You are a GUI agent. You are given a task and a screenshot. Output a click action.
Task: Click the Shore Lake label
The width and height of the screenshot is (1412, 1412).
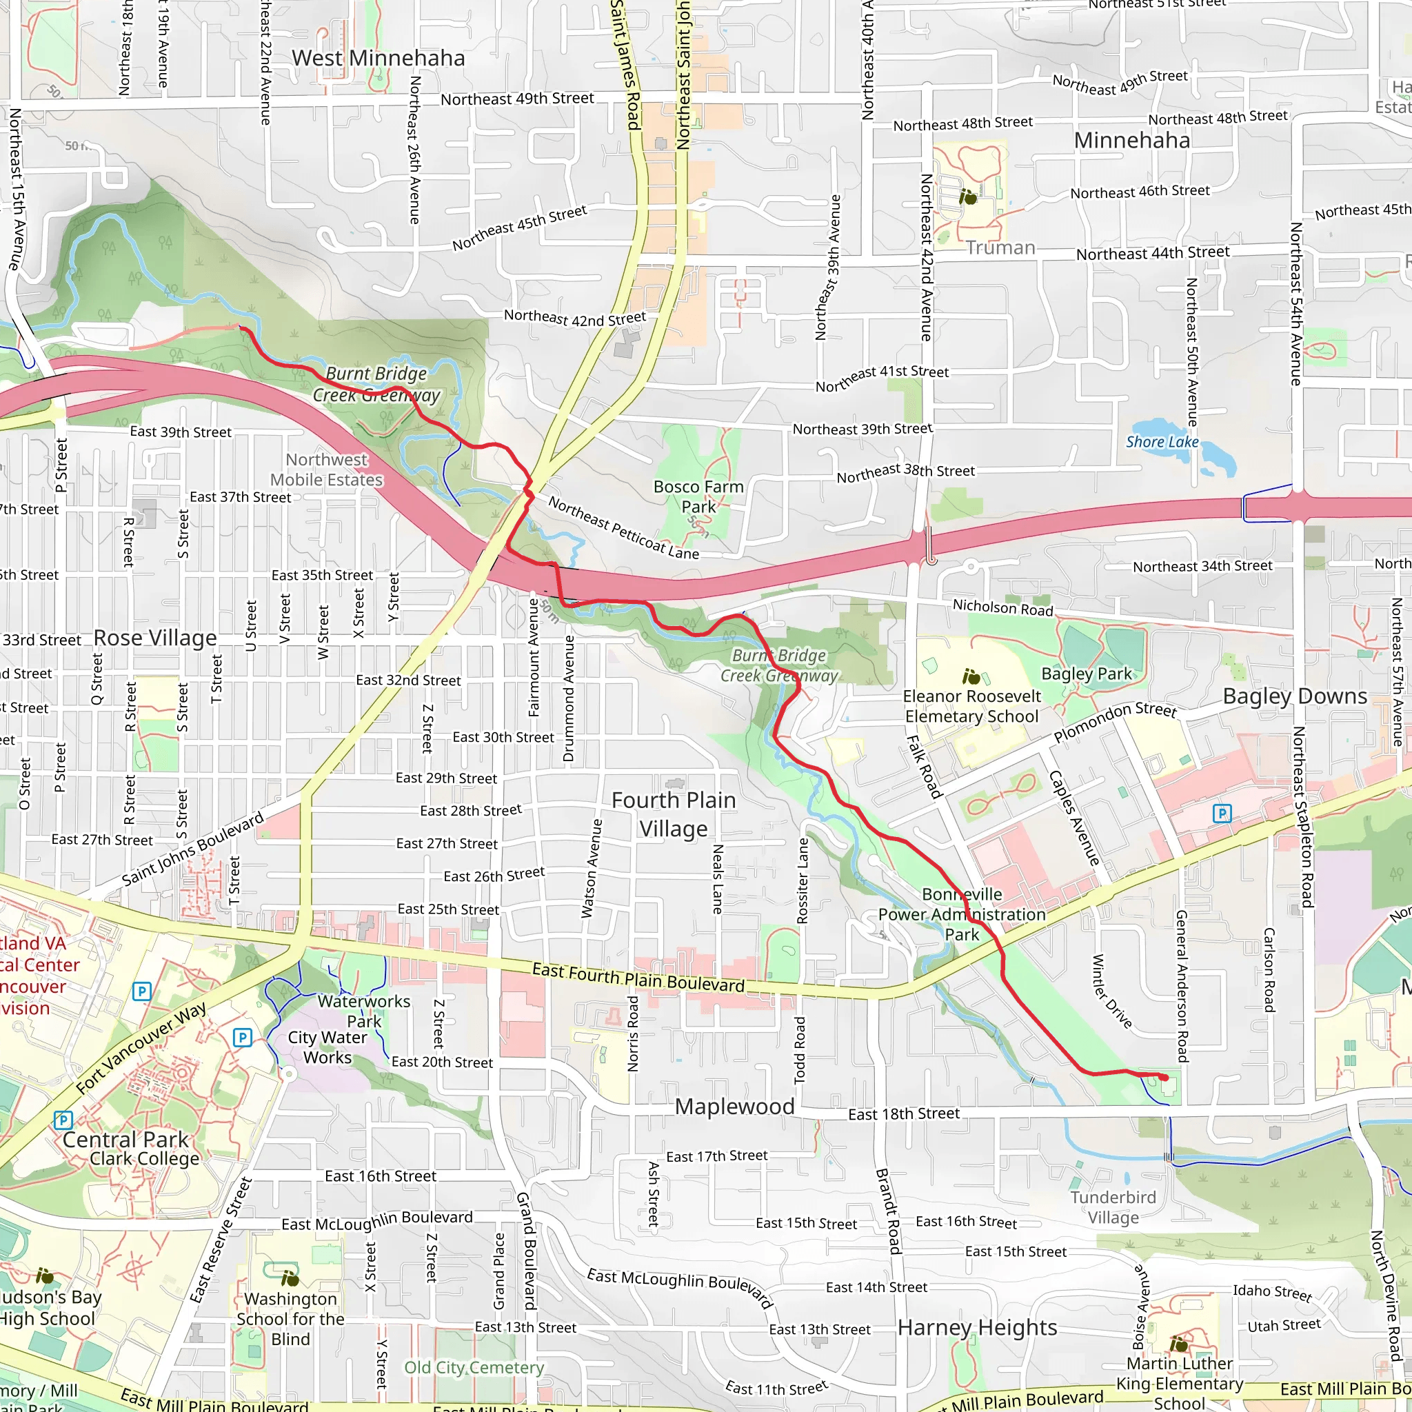point(1161,442)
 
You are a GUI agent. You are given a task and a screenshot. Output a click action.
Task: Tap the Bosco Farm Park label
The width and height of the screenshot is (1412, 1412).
point(698,497)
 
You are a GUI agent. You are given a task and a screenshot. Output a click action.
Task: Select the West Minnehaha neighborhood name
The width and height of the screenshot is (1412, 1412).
point(378,59)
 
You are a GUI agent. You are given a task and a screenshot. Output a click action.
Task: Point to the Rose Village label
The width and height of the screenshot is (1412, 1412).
point(155,638)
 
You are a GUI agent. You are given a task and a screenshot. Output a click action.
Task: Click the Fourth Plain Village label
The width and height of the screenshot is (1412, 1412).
point(673,814)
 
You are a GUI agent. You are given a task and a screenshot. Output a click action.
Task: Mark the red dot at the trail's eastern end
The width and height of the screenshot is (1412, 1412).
point(1164,1078)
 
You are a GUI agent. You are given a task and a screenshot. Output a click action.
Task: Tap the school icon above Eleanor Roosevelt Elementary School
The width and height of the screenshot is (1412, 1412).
point(971,677)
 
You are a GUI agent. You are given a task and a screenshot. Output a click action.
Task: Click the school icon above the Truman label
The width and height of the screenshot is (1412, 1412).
point(967,196)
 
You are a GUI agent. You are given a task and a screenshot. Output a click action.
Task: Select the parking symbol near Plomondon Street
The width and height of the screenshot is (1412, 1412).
point(1222,813)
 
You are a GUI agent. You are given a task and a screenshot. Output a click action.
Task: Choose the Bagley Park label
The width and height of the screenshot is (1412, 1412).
point(1086,674)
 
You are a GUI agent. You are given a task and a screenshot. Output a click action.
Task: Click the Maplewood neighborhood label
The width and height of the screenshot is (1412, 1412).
point(734,1107)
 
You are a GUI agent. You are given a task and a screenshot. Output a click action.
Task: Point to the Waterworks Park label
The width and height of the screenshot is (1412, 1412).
point(364,1011)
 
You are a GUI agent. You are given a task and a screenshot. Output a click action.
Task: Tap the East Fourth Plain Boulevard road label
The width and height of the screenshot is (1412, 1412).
point(638,977)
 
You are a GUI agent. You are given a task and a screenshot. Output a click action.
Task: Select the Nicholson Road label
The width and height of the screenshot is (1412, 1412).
point(1002,607)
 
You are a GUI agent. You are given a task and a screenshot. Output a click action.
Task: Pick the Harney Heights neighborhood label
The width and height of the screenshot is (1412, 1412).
point(977,1327)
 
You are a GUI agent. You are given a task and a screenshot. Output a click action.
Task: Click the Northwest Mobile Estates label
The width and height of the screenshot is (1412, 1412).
point(327,470)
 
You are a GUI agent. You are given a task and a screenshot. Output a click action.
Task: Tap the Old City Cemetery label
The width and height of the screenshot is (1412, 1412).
point(474,1367)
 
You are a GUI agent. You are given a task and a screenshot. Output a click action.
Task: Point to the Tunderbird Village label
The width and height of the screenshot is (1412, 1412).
point(1113,1207)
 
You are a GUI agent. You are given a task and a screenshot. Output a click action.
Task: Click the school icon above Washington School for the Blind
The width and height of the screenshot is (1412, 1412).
point(290,1278)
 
